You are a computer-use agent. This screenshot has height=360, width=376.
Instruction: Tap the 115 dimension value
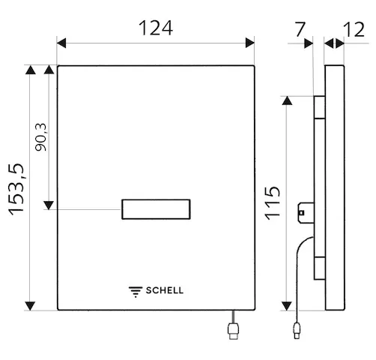(x=273, y=202)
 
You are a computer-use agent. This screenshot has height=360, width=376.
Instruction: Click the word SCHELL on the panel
(x=164, y=291)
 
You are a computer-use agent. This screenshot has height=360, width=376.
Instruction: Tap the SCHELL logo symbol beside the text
(x=136, y=291)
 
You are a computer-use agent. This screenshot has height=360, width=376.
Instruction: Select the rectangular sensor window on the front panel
(x=156, y=210)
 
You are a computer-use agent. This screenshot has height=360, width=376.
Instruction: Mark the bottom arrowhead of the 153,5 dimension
(x=30, y=304)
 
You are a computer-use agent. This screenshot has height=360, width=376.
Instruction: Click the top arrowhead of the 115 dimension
(x=286, y=101)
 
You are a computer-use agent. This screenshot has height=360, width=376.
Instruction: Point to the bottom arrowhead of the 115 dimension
(x=286, y=304)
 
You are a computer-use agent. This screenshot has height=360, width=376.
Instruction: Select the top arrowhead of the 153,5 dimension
(x=30, y=71)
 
